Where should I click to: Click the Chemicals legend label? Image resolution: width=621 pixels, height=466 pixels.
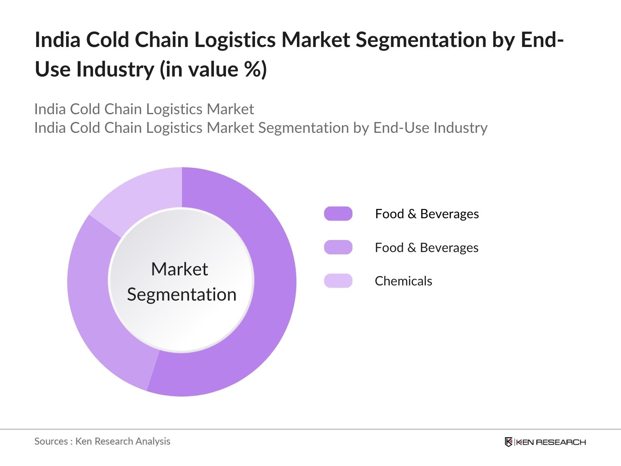point(403,281)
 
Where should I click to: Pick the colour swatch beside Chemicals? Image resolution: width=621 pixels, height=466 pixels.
point(338,281)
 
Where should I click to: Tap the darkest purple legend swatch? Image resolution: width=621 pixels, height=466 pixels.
point(338,214)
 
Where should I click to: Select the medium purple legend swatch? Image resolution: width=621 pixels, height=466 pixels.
point(338,247)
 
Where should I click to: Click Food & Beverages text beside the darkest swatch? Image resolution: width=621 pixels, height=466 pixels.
point(427,214)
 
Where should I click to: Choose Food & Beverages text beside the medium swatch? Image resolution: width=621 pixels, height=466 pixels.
point(427,247)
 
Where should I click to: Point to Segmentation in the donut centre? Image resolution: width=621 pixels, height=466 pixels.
point(182,295)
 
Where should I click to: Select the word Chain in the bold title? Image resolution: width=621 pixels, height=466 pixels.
point(161,40)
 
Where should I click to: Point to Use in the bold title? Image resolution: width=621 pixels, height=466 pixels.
point(53,69)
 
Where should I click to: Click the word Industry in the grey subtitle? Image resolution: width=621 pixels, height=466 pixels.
point(460,128)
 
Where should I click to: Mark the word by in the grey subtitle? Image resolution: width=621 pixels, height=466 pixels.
point(361,128)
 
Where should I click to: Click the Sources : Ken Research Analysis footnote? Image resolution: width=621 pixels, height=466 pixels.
point(102,441)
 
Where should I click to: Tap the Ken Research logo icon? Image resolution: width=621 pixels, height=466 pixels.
point(508,442)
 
